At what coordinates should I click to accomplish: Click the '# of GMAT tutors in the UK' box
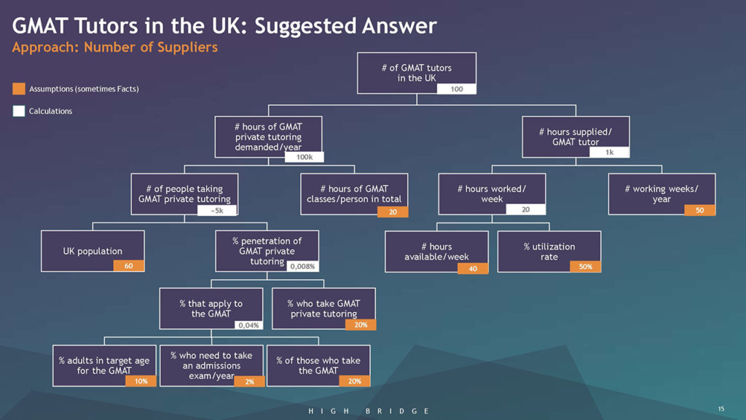(x=416, y=73)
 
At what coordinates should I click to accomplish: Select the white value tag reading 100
(x=456, y=89)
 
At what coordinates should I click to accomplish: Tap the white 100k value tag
(x=304, y=157)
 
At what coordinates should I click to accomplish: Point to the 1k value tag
(x=610, y=152)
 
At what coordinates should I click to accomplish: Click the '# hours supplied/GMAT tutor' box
(x=576, y=136)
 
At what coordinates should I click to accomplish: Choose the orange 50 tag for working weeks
(x=699, y=210)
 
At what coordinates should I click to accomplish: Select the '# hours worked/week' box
(x=492, y=194)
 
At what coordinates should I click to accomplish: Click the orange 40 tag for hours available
(x=472, y=268)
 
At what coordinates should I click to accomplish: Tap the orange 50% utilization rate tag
(x=585, y=267)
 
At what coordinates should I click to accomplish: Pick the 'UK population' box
(x=93, y=251)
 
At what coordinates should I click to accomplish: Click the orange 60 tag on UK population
(x=128, y=265)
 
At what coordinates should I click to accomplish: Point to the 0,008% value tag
(x=302, y=266)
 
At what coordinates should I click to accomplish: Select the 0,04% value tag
(x=248, y=325)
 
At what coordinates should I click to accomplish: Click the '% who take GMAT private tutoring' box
(x=323, y=308)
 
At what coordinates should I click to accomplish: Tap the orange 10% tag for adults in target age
(x=141, y=381)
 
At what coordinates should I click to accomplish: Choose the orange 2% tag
(x=249, y=381)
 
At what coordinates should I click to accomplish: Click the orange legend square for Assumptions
(x=18, y=88)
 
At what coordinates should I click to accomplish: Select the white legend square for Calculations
(x=18, y=111)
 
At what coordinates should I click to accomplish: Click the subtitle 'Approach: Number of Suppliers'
(x=114, y=47)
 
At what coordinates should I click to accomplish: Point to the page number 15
(x=721, y=408)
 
